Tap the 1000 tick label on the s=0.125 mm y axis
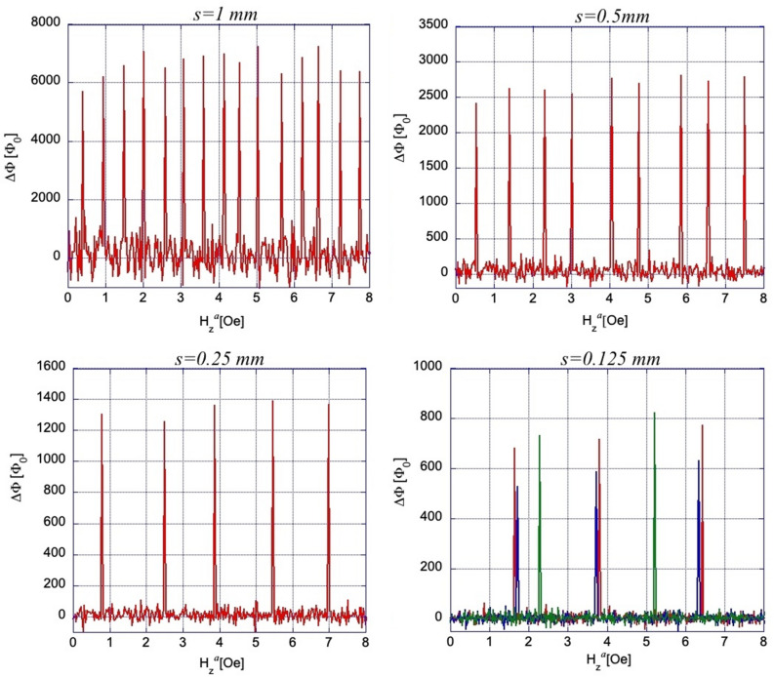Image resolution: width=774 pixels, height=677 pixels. click(x=428, y=367)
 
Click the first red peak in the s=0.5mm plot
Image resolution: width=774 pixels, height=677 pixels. click(x=476, y=104)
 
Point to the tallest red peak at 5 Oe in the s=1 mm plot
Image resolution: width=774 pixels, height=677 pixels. click(x=258, y=47)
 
